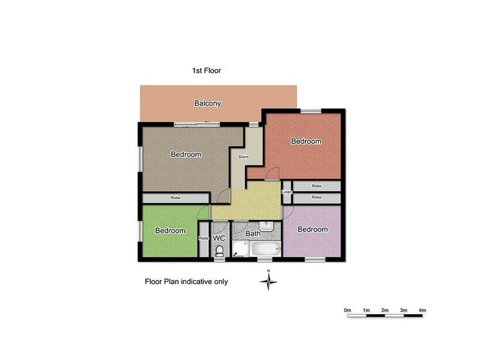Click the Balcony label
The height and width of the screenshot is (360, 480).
pyautogui.click(x=208, y=103)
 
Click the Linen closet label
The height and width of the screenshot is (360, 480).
pyautogui.click(x=287, y=192)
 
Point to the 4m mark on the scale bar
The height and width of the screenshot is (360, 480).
pyautogui.click(x=422, y=310)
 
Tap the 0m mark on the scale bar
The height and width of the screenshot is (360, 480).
pyautogui.click(x=347, y=310)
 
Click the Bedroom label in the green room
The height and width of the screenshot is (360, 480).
pyautogui.click(x=170, y=230)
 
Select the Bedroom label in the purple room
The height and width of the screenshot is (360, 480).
pyautogui.click(x=313, y=229)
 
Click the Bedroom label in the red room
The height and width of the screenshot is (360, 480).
pyautogui.click(x=307, y=142)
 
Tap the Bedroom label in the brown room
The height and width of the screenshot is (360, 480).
pyautogui.click(x=185, y=154)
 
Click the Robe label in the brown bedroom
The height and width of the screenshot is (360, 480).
pyautogui.click(x=175, y=197)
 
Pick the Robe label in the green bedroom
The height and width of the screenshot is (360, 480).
pyautogui.click(x=204, y=238)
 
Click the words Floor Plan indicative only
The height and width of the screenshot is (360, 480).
pyautogui.click(x=186, y=281)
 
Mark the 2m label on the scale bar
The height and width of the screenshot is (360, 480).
pyautogui.click(x=385, y=310)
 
